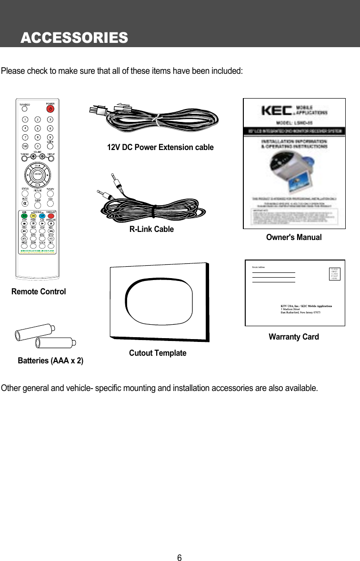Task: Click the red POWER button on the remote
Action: pos(50,109)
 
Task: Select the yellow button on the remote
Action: pos(33,216)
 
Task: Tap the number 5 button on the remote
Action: pos(37,128)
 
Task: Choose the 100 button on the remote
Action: pos(24,146)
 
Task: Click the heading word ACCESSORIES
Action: pos(74,38)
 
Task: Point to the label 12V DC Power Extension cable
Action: pos(160,147)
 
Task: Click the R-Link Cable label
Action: pos(151,229)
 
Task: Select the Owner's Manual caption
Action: pos(294,237)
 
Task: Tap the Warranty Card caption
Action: pos(294,337)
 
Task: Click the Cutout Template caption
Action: pos(158,353)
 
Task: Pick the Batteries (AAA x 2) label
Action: pos(50,361)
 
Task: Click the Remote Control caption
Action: pos(39,291)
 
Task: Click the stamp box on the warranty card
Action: pos(335,274)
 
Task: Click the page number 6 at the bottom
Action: pos(180,558)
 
